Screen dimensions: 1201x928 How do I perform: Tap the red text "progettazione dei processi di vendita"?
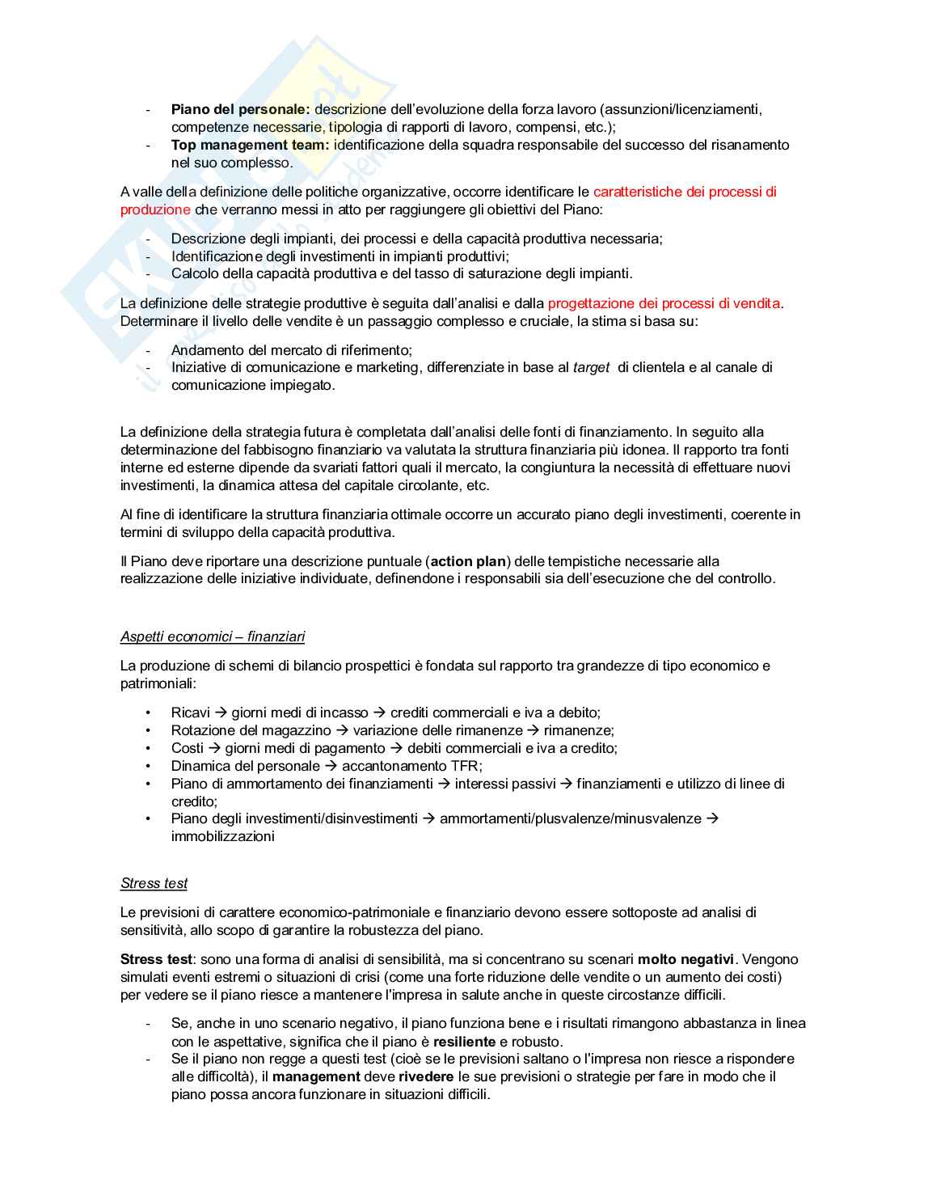tap(664, 303)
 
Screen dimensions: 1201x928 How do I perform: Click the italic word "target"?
tap(590, 367)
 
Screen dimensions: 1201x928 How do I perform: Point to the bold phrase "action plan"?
tap(468, 561)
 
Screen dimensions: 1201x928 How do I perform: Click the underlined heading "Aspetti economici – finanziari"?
tap(213, 636)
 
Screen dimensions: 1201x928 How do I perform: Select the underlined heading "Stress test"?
tap(154, 883)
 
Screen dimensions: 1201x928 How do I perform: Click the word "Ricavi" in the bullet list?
tap(190, 713)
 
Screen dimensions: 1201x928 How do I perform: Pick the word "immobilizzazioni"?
tap(222, 836)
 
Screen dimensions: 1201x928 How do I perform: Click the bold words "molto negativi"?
tap(685, 959)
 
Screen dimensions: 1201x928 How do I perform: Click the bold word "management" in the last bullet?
tap(316, 1076)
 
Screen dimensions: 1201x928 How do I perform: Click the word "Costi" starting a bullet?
tap(187, 748)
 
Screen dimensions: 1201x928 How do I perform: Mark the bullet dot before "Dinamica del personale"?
tap(148, 766)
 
